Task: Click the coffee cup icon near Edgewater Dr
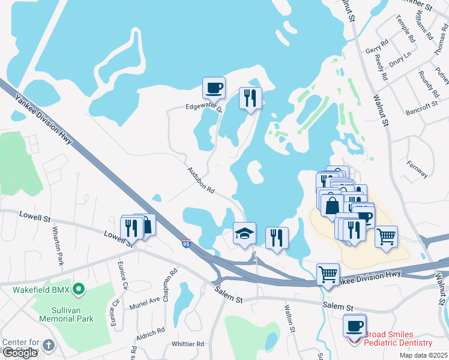pyautogui.click(x=214, y=88)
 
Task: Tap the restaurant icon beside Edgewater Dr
pyautogui.click(x=250, y=98)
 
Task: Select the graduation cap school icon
pyautogui.click(x=244, y=233)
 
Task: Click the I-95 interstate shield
pyautogui.click(x=187, y=243)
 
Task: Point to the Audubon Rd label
pyautogui.click(x=200, y=181)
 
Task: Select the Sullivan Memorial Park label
pyautogui.click(x=63, y=319)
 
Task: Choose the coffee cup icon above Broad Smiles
pyautogui.click(x=355, y=326)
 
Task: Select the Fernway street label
pyautogui.click(x=417, y=169)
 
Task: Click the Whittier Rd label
pyautogui.click(x=188, y=344)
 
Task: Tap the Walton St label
pyautogui.click(x=289, y=319)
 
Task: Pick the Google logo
pyautogui.click(x=20, y=352)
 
